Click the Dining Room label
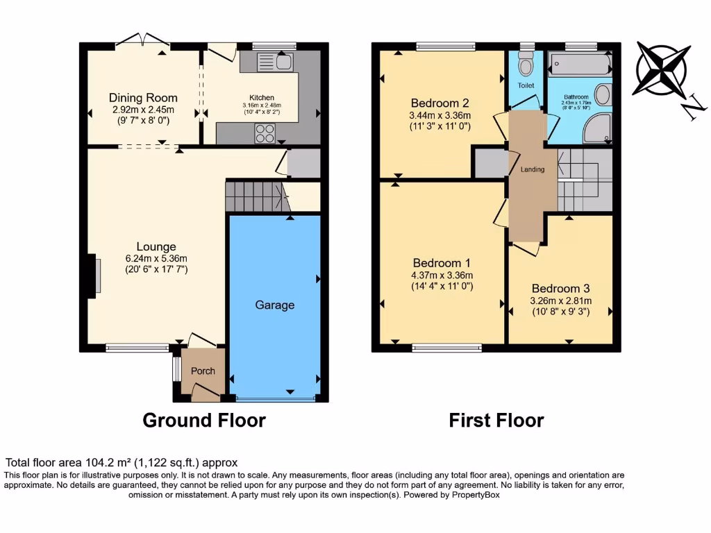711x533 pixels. (143, 98)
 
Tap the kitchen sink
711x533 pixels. (275, 62)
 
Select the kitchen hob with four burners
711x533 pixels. (264, 133)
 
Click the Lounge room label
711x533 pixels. (156, 246)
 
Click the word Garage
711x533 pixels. (275, 305)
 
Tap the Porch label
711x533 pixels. (203, 371)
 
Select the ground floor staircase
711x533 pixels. (256, 196)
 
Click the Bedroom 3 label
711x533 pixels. (561, 289)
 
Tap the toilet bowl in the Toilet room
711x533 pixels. (526, 67)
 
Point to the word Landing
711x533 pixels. (533, 169)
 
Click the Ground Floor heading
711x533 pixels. (203, 420)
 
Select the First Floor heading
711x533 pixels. (496, 420)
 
